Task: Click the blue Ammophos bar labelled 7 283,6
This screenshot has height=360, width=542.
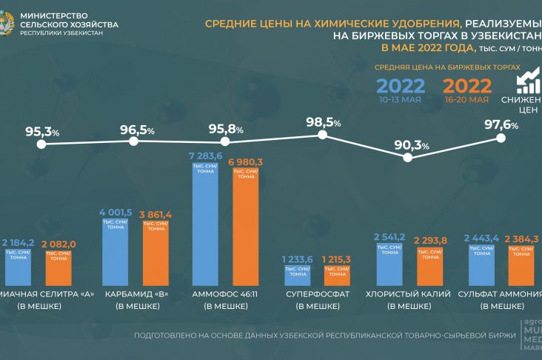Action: (x=205, y=222)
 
